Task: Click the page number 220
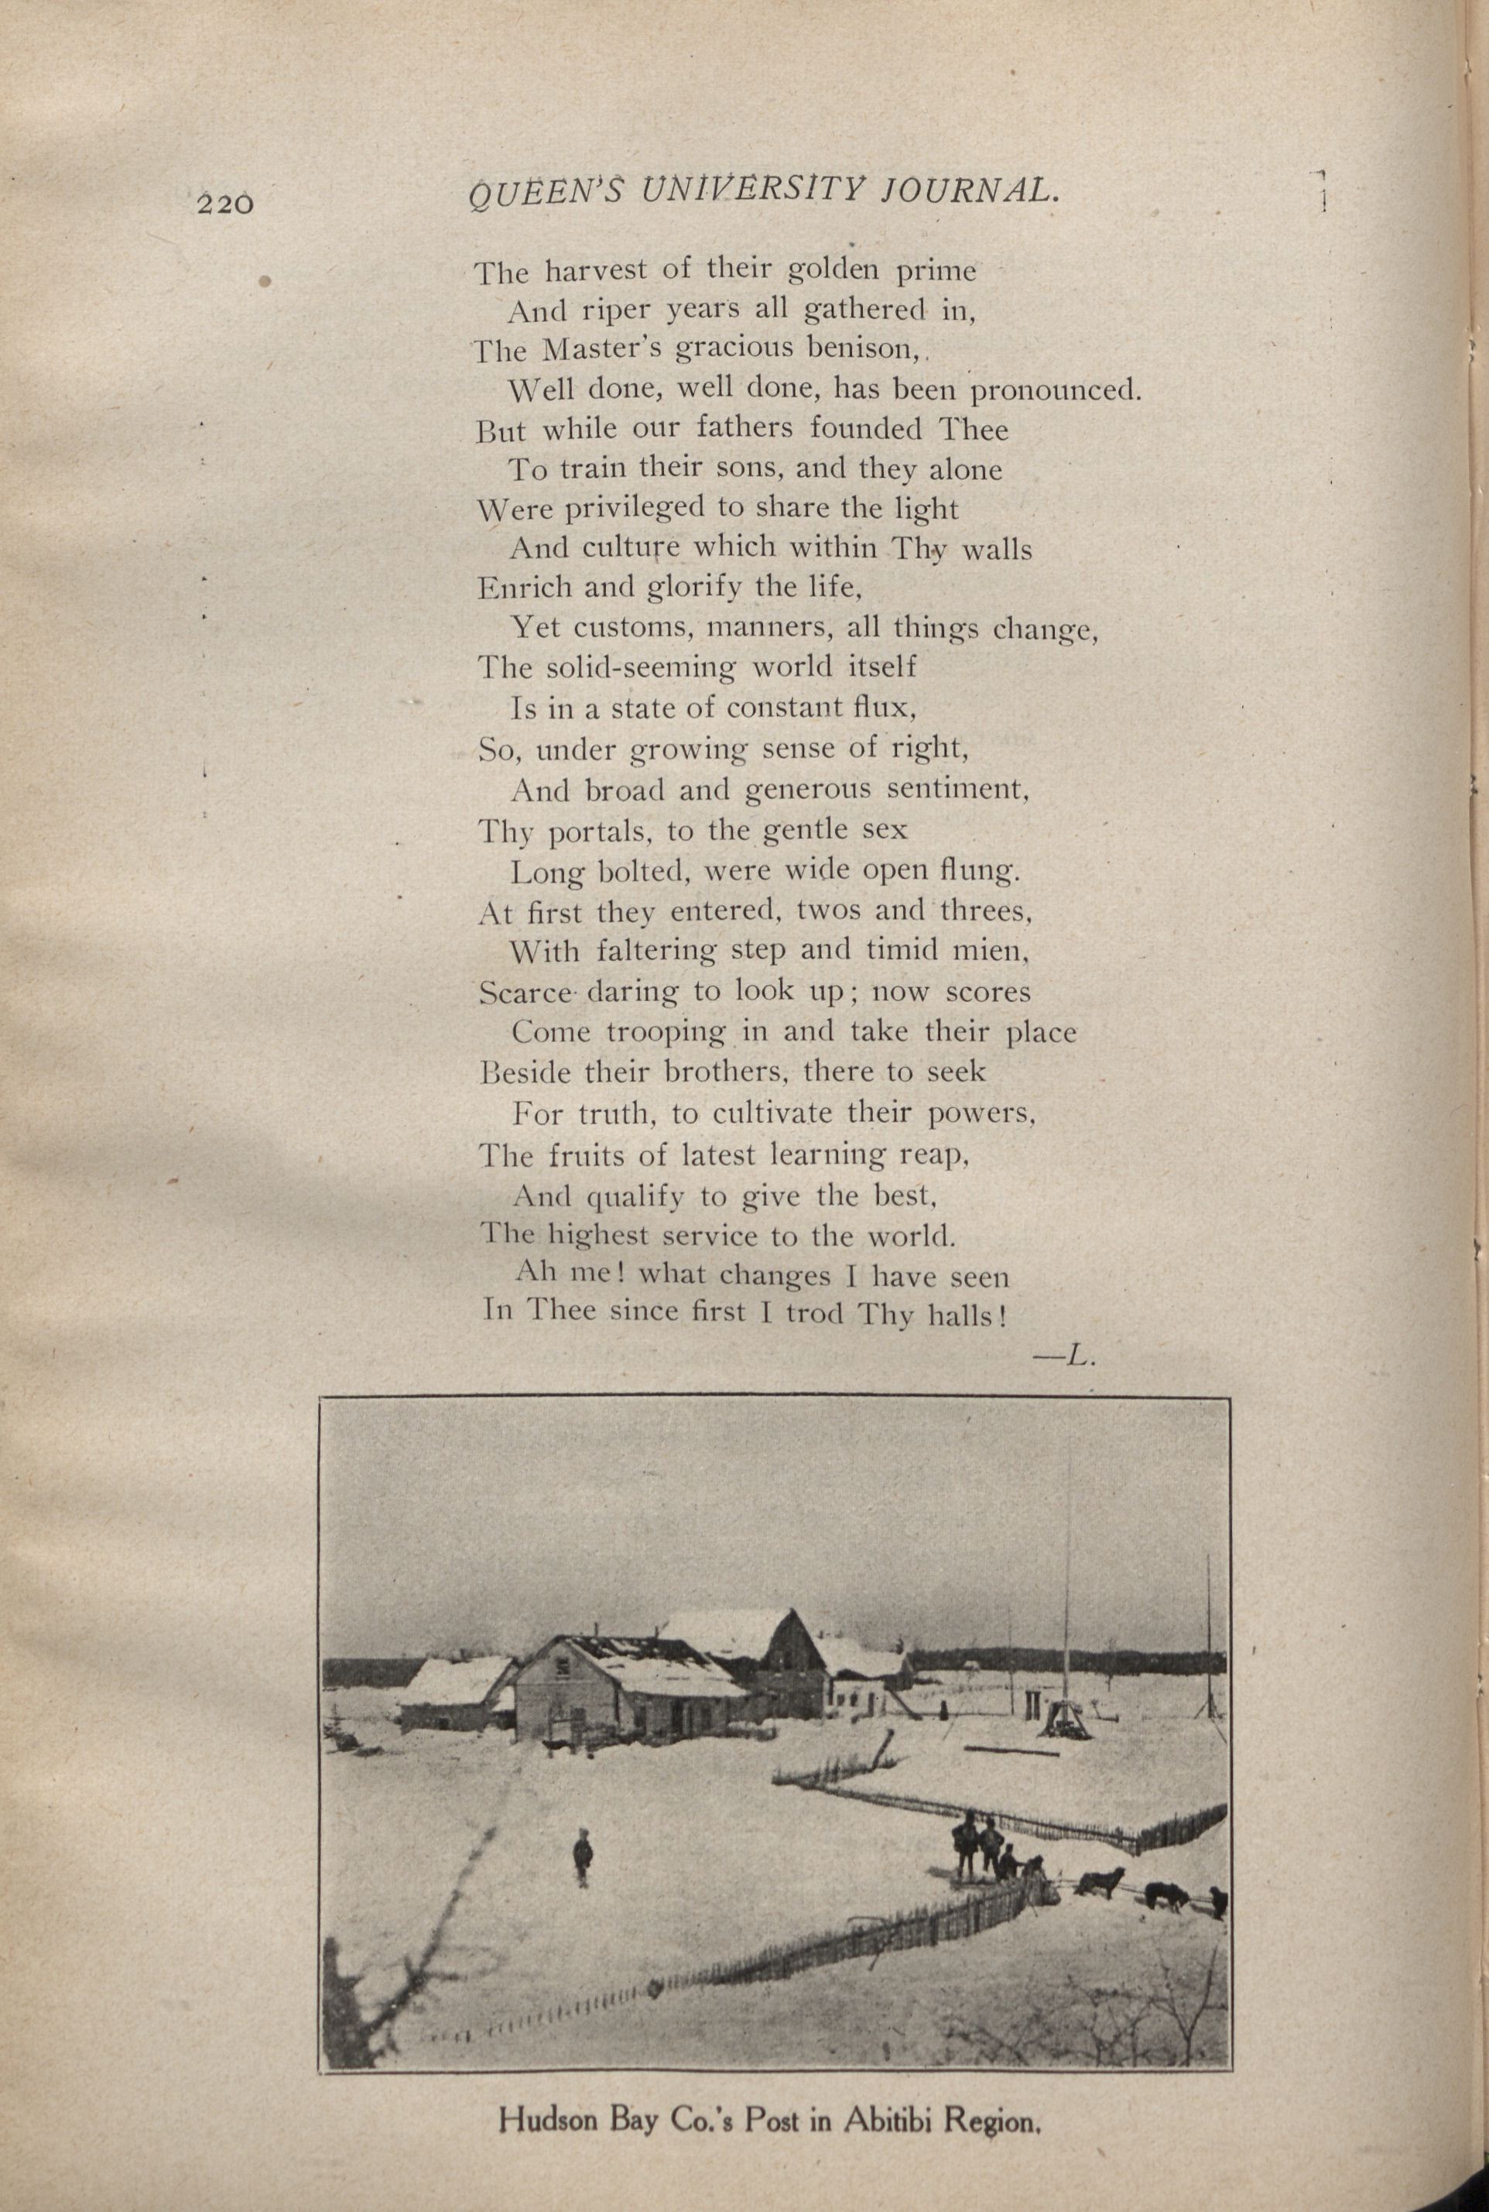point(226,204)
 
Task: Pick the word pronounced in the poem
point(1054,390)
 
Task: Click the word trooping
point(666,1032)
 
